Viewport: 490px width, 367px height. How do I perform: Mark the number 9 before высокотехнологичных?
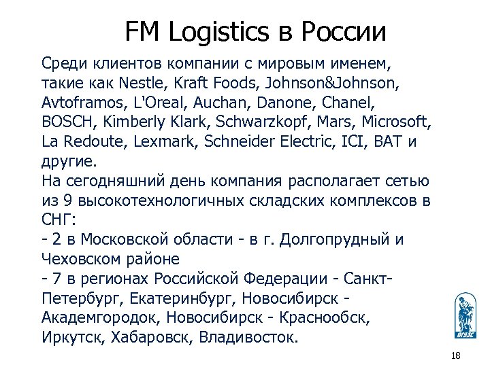click(66, 201)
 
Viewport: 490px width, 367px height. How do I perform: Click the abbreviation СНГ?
click(59, 221)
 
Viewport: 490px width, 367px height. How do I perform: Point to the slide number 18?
click(456, 357)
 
